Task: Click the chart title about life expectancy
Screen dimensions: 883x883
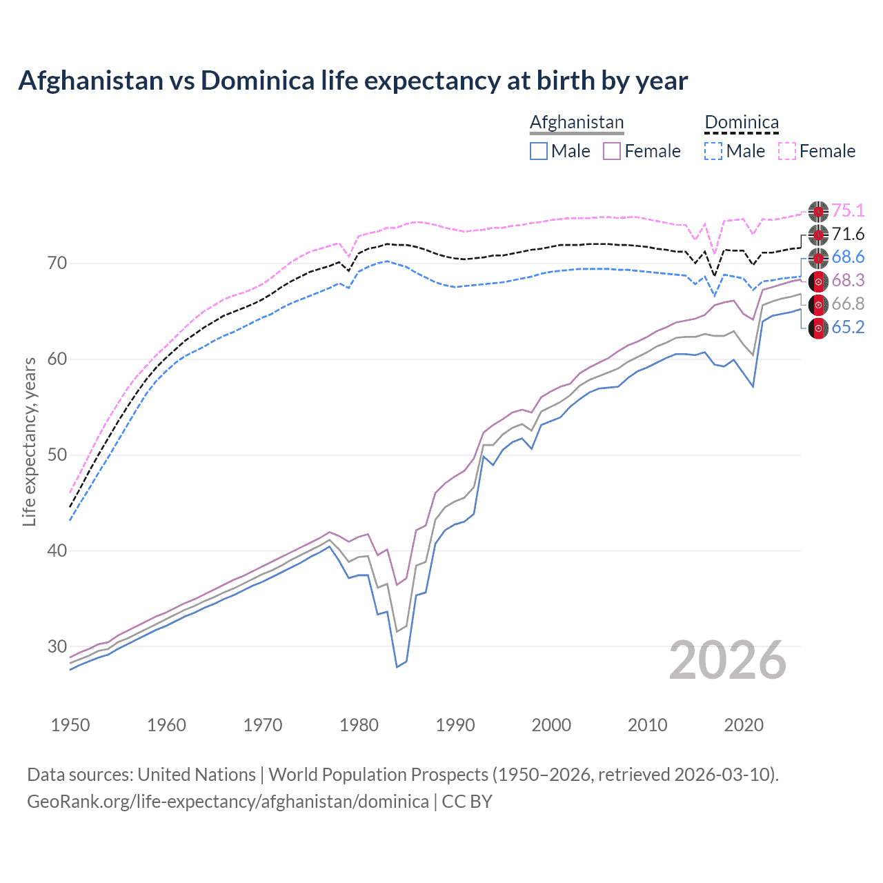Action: pos(353,81)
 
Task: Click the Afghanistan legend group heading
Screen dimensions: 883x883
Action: pos(576,122)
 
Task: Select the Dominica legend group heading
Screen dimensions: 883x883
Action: pos(742,122)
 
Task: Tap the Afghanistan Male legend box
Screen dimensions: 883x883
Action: pos(539,151)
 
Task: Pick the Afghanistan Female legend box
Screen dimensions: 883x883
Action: pos(613,151)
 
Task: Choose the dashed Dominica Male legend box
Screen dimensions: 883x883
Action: pos(713,151)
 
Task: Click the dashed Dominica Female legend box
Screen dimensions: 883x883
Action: pos(787,151)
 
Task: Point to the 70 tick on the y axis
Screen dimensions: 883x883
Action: pos(57,264)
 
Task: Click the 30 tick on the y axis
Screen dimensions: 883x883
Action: pos(57,647)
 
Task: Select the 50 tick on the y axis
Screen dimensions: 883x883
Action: pos(57,455)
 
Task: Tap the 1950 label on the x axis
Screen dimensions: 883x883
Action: pos(70,725)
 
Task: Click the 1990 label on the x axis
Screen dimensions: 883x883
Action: pos(455,725)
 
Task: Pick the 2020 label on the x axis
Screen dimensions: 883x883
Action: pos(744,725)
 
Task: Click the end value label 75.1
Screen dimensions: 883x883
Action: pos(848,211)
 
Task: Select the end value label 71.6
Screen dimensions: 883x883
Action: pos(848,235)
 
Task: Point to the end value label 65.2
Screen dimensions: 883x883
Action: pos(848,328)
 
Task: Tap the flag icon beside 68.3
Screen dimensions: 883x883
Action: pos(818,281)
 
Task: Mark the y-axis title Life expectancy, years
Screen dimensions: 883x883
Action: pos(30,441)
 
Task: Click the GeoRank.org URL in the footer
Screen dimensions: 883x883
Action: pos(228,802)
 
